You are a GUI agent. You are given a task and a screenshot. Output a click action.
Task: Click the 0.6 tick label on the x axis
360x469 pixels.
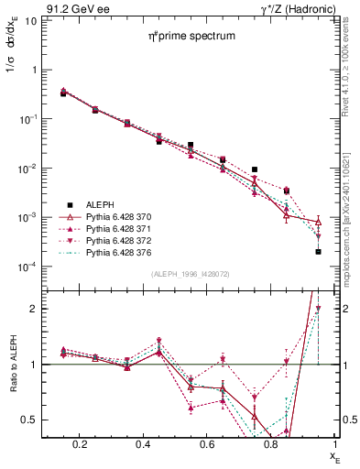tap(209, 444)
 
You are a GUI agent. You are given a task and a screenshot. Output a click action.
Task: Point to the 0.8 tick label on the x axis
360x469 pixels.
tap(271, 444)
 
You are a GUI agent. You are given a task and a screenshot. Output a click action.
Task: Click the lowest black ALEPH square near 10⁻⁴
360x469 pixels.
tap(318, 251)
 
